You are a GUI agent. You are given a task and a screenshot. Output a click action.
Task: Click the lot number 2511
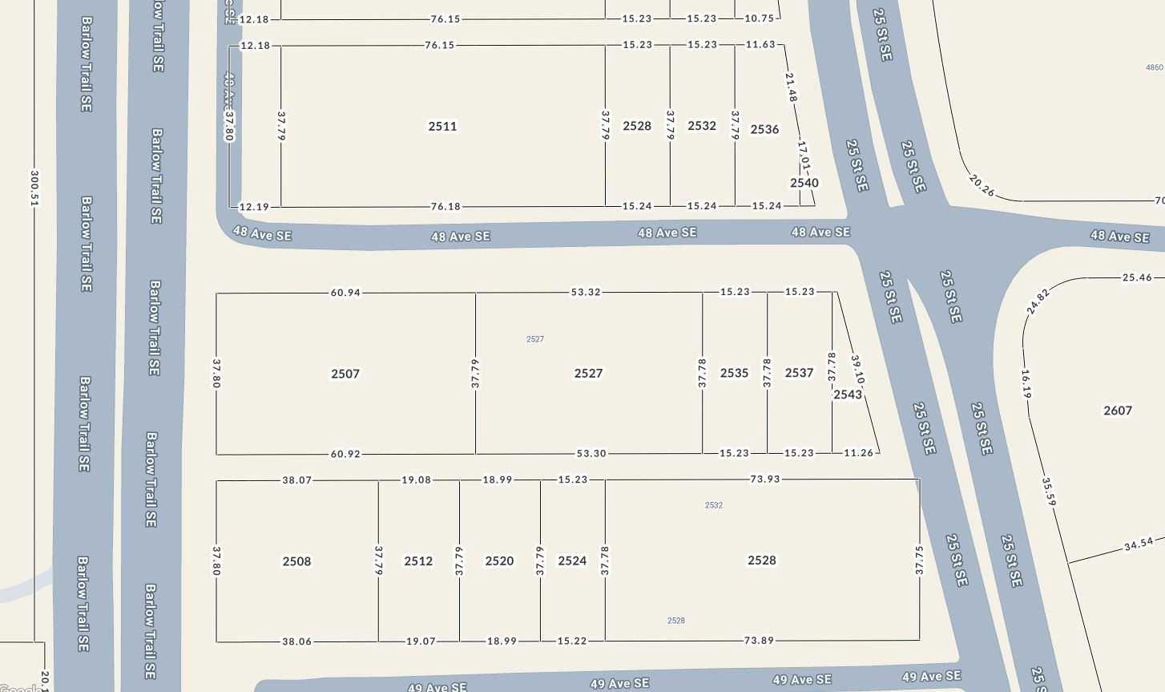pyautogui.click(x=442, y=126)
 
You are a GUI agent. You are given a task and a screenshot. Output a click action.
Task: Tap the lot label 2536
pyautogui.click(x=764, y=129)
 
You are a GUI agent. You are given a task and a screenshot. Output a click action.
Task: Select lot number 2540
pyautogui.click(x=804, y=183)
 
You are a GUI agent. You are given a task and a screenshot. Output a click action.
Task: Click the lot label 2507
pyautogui.click(x=345, y=374)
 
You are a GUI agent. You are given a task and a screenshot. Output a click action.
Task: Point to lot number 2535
pyautogui.click(x=734, y=373)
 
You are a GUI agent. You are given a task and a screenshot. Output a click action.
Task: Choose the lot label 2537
pyautogui.click(x=799, y=373)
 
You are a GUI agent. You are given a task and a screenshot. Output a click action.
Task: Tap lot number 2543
pyautogui.click(x=848, y=395)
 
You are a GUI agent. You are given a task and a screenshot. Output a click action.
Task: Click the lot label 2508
pyautogui.click(x=296, y=561)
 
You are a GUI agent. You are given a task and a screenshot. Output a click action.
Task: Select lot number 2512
pyautogui.click(x=418, y=561)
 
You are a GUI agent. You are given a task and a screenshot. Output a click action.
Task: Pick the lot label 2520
pyautogui.click(x=499, y=561)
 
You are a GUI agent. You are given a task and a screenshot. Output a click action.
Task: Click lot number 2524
pyautogui.click(x=572, y=561)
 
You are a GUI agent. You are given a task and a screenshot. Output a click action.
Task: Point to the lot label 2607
pyautogui.click(x=1118, y=411)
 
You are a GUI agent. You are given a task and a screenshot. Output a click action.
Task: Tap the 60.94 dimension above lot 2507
pyautogui.click(x=345, y=293)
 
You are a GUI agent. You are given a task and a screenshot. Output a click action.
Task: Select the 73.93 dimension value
pyautogui.click(x=764, y=480)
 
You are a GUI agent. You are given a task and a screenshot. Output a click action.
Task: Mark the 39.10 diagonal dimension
pyautogui.click(x=858, y=370)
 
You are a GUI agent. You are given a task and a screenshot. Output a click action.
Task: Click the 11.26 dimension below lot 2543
pyautogui.click(x=859, y=453)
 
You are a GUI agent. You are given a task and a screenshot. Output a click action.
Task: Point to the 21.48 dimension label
pyautogui.click(x=791, y=87)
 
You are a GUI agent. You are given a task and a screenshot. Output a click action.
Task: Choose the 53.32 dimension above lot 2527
pyautogui.click(x=586, y=293)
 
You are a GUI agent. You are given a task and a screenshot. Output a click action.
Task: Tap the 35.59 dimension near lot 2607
pyautogui.click(x=1049, y=492)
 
